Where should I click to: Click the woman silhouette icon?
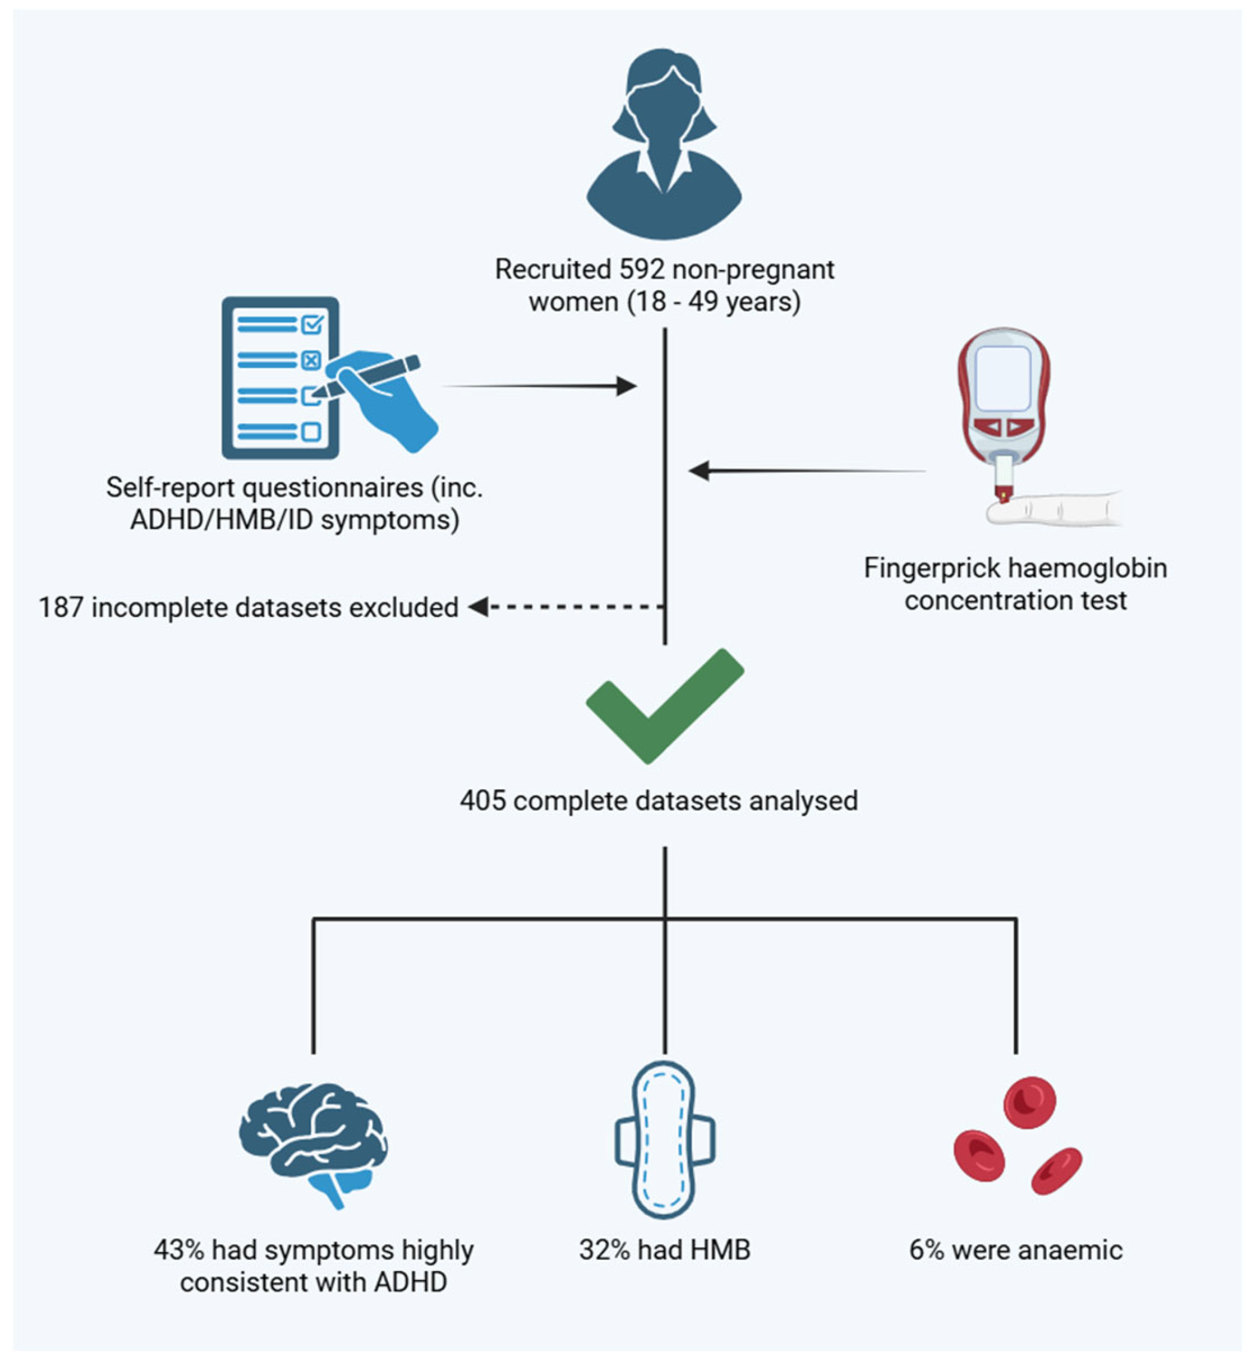(x=664, y=146)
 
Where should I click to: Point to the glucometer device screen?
(x=1003, y=380)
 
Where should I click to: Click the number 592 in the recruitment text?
(x=640, y=270)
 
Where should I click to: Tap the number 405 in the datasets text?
(x=482, y=801)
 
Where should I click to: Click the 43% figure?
(x=178, y=1250)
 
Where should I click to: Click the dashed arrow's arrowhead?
(x=478, y=607)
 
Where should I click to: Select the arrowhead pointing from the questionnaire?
(x=626, y=387)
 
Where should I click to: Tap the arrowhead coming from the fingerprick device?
(x=699, y=471)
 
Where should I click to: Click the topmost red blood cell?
(x=1030, y=1102)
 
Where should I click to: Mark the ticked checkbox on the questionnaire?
(x=311, y=325)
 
